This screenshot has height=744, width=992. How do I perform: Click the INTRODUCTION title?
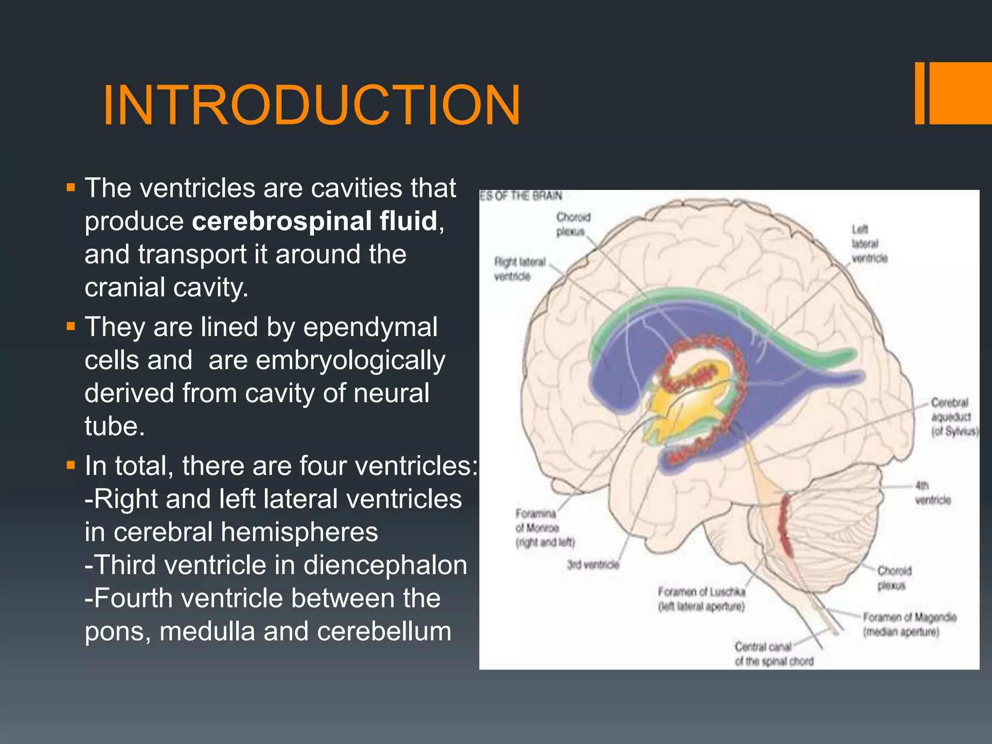pos(311,106)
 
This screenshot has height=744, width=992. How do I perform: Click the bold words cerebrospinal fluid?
pos(315,221)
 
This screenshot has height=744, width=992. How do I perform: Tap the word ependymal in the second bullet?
pos(370,327)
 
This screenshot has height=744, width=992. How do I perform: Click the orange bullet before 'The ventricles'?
pos(71,188)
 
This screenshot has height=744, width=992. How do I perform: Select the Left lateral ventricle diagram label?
pos(869,244)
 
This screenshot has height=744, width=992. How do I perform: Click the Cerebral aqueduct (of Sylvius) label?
pos(953,417)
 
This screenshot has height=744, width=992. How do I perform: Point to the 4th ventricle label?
pos(932,493)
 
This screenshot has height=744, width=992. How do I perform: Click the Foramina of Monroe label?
pos(544,527)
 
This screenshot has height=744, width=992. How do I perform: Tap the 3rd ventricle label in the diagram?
pos(593,565)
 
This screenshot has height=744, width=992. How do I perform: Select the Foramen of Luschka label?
pos(701,599)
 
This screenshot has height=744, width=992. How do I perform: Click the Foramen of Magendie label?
pos(909,624)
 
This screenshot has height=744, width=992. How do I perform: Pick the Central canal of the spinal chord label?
pos(774,654)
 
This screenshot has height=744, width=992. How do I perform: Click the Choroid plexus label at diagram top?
pos(573,224)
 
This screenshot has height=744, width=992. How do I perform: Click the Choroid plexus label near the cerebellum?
pos(894,578)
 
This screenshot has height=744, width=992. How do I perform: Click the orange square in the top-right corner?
pos(960,93)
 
